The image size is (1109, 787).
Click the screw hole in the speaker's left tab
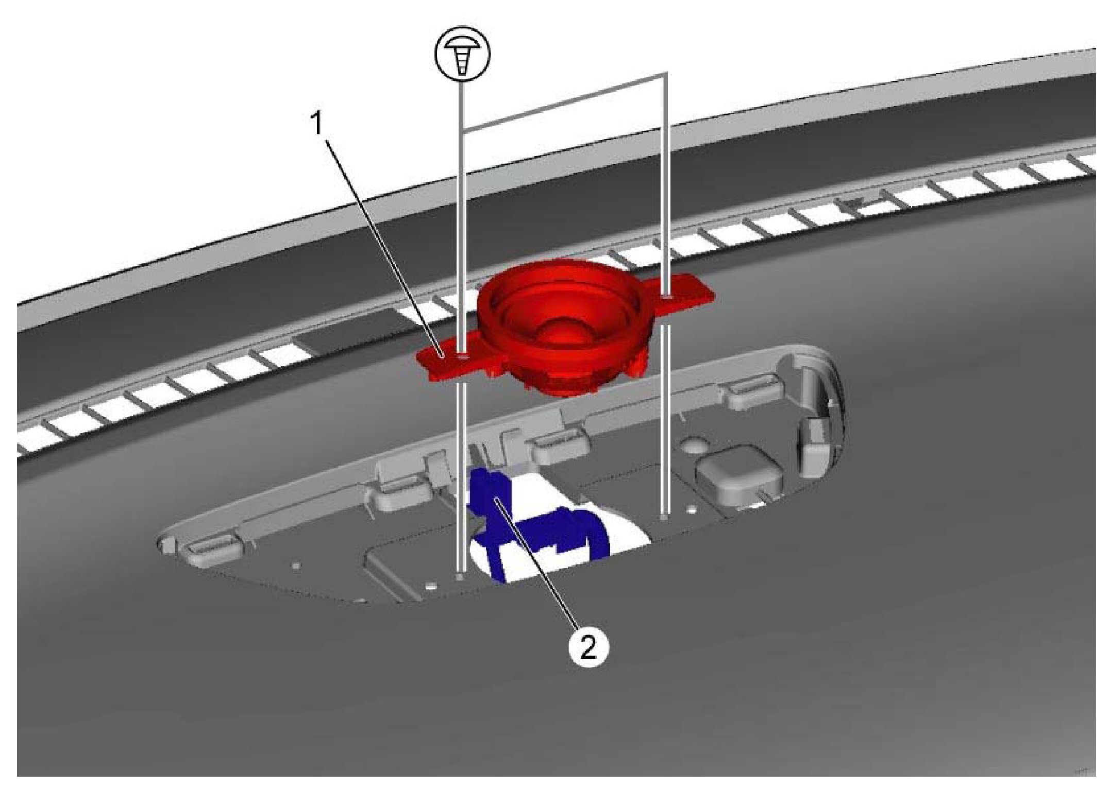pos(462,356)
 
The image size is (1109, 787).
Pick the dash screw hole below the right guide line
pos(665,517)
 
